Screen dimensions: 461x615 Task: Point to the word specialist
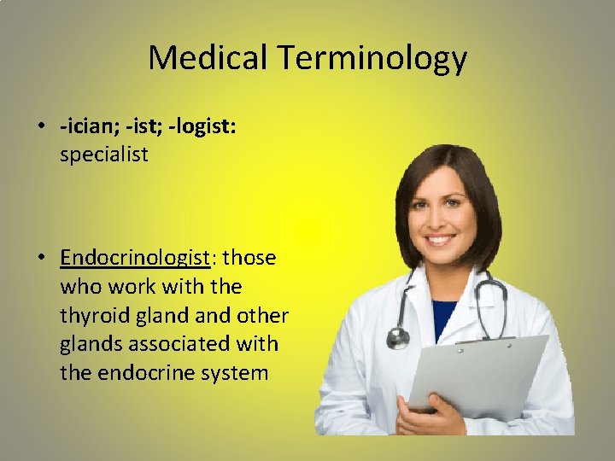[x=103, y=155]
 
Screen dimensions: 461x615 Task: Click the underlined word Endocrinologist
[x=135, y=257]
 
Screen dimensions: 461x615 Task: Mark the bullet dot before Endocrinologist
[x=41, y=258]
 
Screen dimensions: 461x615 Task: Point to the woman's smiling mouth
[x=441, y=241]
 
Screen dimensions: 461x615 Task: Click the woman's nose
[x=439, y=220]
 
